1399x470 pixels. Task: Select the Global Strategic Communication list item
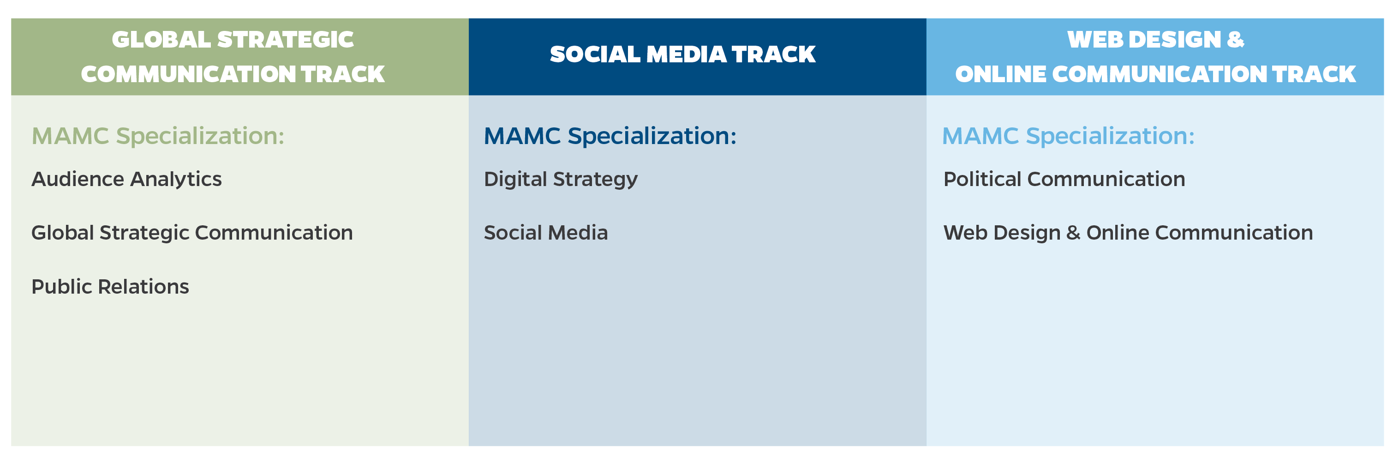tap(192, 233)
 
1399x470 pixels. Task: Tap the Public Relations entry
tap(110, 286)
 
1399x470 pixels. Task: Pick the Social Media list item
tap(546, 233)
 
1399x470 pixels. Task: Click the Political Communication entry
tap(1064, 179)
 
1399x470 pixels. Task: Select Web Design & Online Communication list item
tap(1128, 233)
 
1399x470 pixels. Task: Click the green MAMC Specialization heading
tap(158, 136)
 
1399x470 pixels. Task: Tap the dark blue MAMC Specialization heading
tap(610, 136)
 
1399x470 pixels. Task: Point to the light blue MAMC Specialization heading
tap(1068, 136)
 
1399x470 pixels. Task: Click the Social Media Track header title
tap(683, 54)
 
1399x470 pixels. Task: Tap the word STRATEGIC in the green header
tap(286, 40)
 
